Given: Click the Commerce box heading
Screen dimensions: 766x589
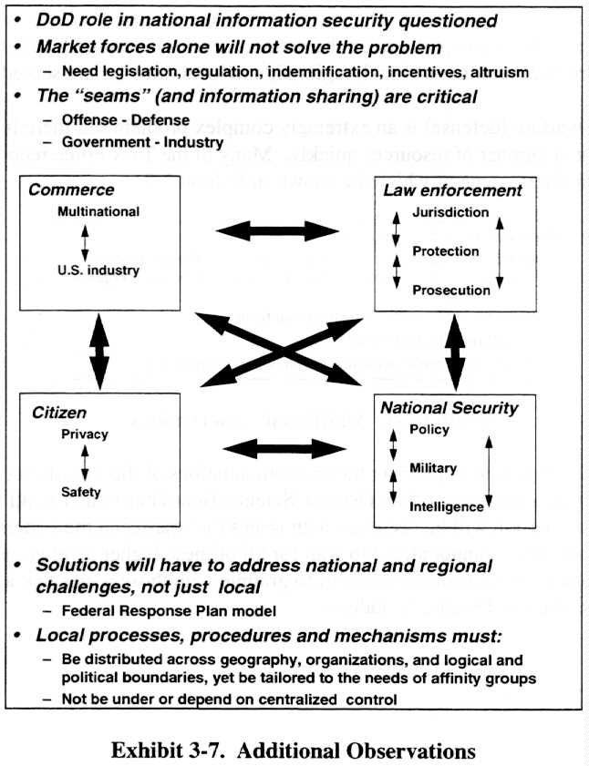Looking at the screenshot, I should (71, 190).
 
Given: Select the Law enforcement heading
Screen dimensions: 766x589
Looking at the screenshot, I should (451, 190).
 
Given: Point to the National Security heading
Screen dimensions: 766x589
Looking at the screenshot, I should (449, 409).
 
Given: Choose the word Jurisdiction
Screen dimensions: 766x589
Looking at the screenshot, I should (450, 212).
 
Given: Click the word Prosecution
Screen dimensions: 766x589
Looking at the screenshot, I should (451, 291).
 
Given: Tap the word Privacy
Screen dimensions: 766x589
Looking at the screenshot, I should (84, 434).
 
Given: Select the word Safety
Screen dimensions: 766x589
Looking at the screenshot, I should (80, 492).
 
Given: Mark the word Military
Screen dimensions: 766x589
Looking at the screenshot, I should (433, 467).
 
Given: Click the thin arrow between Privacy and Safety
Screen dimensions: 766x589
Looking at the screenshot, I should (84, 464).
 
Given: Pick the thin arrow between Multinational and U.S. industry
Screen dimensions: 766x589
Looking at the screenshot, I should (85, 242).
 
